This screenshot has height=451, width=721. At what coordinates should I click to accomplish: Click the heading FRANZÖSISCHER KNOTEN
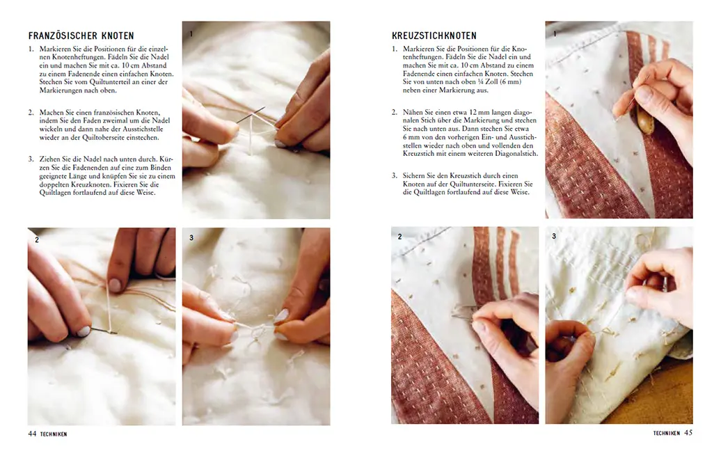click(x=81, y=35)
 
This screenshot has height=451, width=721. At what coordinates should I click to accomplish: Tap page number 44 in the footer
click(x=32, y=433)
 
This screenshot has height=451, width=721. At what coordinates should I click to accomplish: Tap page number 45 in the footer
click(x=688, y=433)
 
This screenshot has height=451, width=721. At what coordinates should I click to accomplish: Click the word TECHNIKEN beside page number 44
click(x=53, y=434)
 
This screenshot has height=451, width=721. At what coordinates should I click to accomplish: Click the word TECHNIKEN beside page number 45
click(x=666, y=434)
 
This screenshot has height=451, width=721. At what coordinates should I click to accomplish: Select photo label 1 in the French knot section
click(x=191, y=33)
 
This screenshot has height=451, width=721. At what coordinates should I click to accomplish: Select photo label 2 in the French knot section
click(x=37, y=239)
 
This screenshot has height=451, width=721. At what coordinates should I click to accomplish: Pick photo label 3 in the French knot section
click(x=191, y=238)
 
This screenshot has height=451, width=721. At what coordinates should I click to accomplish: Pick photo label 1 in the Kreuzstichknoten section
click(x=554, y=33)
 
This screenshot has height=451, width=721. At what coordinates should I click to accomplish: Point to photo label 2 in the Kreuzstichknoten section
click(x=399, y=237)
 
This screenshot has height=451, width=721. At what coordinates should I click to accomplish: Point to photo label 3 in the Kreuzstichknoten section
click(x=554, y=237)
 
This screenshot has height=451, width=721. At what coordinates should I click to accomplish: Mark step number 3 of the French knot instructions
click(x=31, y=159)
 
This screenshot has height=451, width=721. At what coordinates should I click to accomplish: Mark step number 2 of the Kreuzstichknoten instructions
click(x=394, y=112)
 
